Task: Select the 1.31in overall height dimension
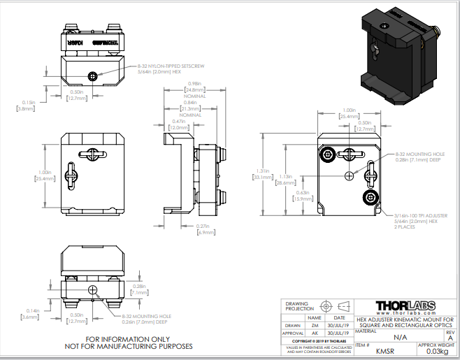[x=263, y=171]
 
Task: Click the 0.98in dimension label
[x=194, y=84]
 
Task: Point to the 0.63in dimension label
[x=302, y=192]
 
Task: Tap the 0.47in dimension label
[x=178, y=122]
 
